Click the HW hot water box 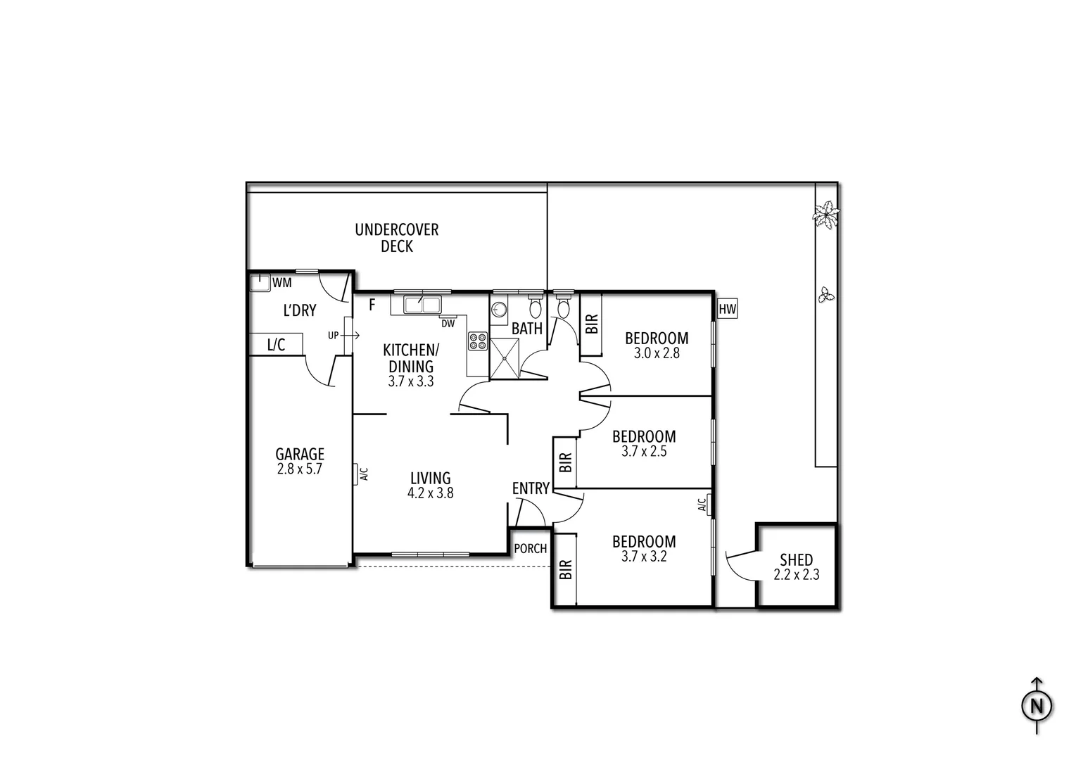(727, 309)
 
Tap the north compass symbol (1036, 705)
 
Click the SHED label (796, 560)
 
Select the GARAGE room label (300, 454)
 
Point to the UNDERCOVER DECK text (396, 238)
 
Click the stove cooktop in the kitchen (478, 341)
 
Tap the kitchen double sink (422, 305)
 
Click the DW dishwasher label (448, 324)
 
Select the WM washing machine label (281, 283)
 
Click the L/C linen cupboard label (276, 345)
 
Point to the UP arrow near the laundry (343, 336)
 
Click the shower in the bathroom (505, 358)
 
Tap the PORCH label (530, 548)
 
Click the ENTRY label (531, 488)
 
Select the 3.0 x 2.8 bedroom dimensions (657, 353)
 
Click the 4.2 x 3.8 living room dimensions (430, 493)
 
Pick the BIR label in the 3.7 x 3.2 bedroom (565, 569)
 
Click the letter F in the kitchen (372, 305)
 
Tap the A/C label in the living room (363, 474)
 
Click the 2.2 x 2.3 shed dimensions (796, 575)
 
